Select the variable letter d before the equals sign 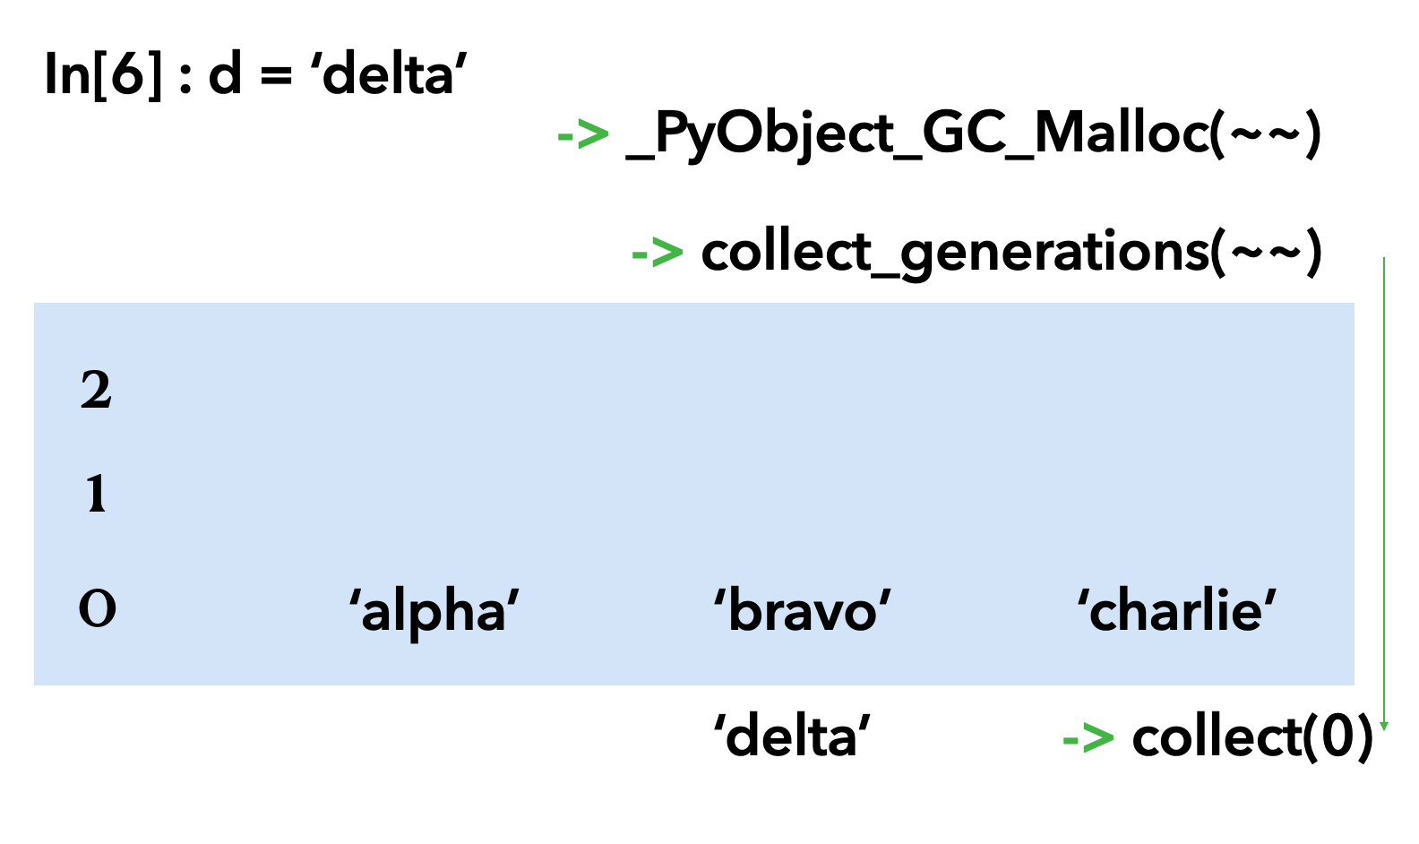tap(225, 73)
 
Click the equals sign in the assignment tap(276, 75)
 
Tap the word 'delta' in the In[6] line tap(389, 73)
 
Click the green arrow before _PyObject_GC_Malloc tap(582, 135)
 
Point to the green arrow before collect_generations tap(657, 253)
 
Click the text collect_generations tap(955, 253)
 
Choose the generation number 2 tap(96, 391)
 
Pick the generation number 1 tap(96, 494)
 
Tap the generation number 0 tap(97, 609)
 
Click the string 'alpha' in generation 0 tap(434, 611)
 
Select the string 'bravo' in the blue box tap(802, 611)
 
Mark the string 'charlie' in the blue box tap(1176, 611)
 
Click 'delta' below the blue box tap(792, 736)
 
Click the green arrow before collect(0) tap(1088, 738)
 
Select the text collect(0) tap(1252, 737)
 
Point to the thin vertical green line tap(1384, 493)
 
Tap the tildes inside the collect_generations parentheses tap(1266, 253)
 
